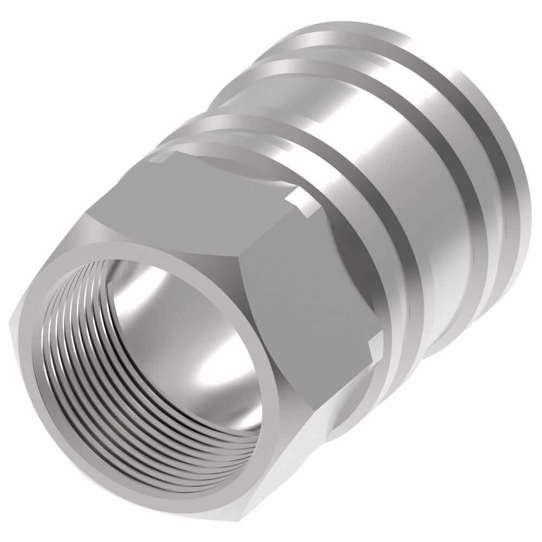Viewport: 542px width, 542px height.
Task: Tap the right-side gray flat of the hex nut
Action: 304,282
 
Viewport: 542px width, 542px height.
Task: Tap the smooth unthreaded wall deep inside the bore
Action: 163,304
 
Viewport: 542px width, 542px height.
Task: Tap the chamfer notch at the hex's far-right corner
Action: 374,347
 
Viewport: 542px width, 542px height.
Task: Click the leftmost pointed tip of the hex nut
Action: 12,320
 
